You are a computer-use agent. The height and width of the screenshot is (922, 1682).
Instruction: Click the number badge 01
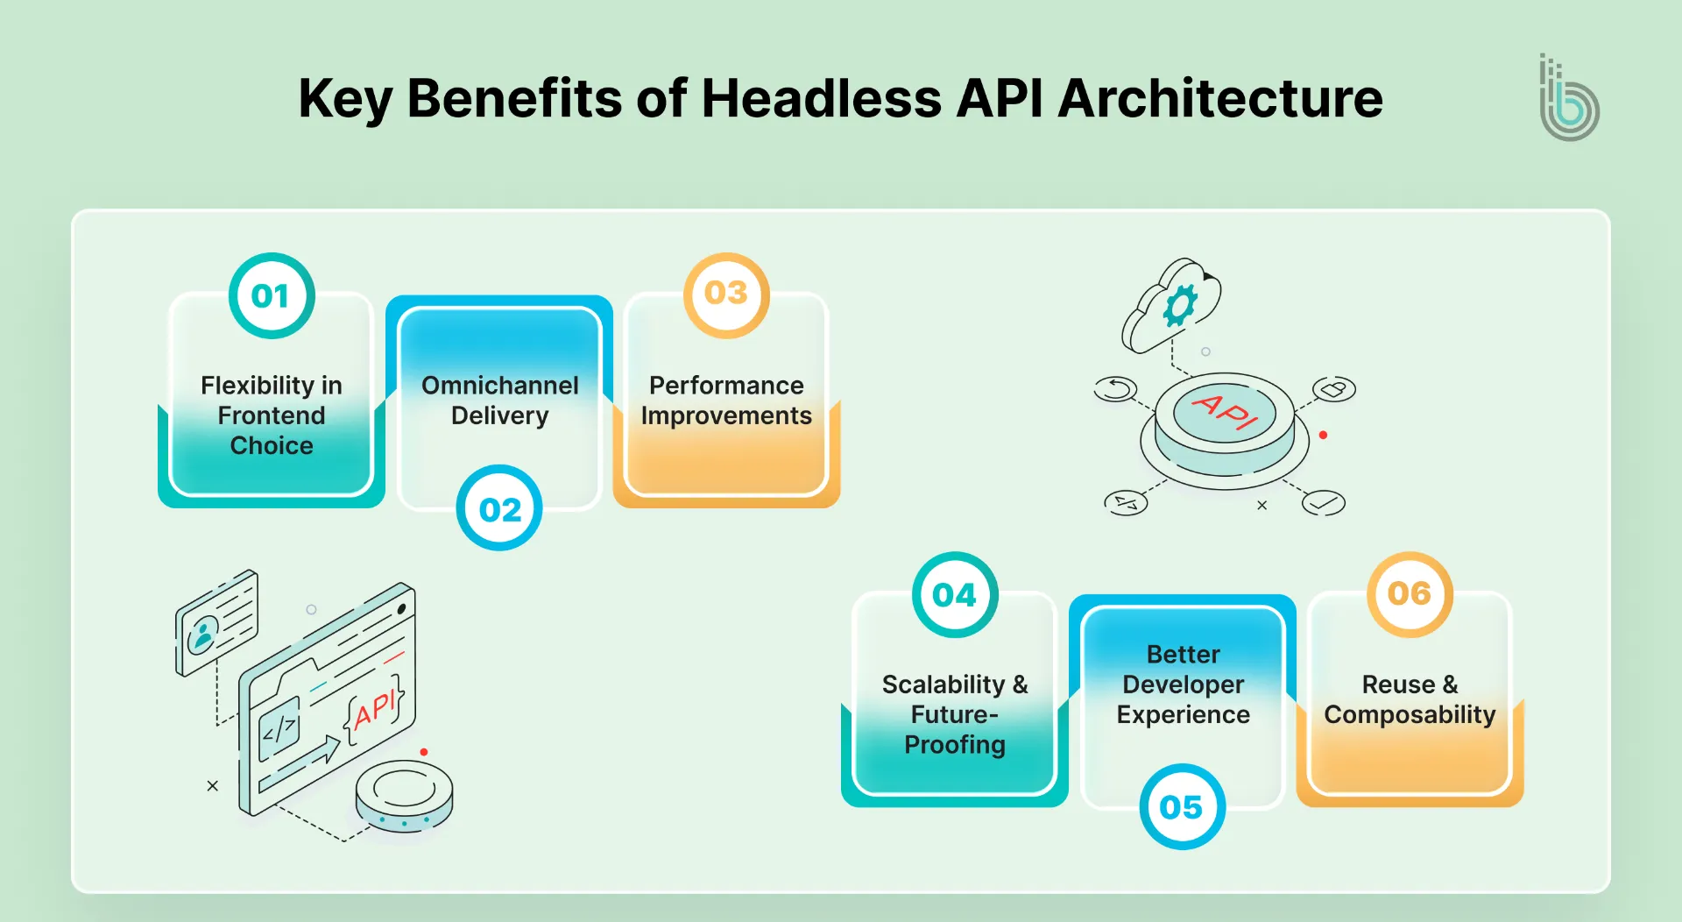point(272,296)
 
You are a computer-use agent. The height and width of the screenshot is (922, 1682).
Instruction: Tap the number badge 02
point(499,508)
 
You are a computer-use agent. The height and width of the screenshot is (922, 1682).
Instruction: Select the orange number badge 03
point(726,294)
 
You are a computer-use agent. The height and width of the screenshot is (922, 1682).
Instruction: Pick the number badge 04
point(954,595)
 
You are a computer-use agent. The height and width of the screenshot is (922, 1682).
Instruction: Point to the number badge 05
point(1182,806)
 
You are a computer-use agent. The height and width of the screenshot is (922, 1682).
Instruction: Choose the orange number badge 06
point(1410,593)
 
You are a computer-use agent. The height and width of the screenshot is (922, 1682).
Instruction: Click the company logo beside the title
point(1569,100)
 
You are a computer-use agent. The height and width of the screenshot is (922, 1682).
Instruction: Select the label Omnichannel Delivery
point(499,400)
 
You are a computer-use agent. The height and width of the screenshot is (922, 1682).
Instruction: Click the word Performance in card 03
point(726,386)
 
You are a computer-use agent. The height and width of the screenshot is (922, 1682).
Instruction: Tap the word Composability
point(1410,715)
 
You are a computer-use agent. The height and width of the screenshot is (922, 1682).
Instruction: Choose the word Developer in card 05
point(1183,684)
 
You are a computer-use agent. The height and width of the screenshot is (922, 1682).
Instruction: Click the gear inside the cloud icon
point(1179,306)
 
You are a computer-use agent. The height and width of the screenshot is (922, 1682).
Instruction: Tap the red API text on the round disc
point(1225,410)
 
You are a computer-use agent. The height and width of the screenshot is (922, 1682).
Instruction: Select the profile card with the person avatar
point(216,621)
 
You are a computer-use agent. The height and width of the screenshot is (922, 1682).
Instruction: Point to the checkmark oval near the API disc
point(1323,502)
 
